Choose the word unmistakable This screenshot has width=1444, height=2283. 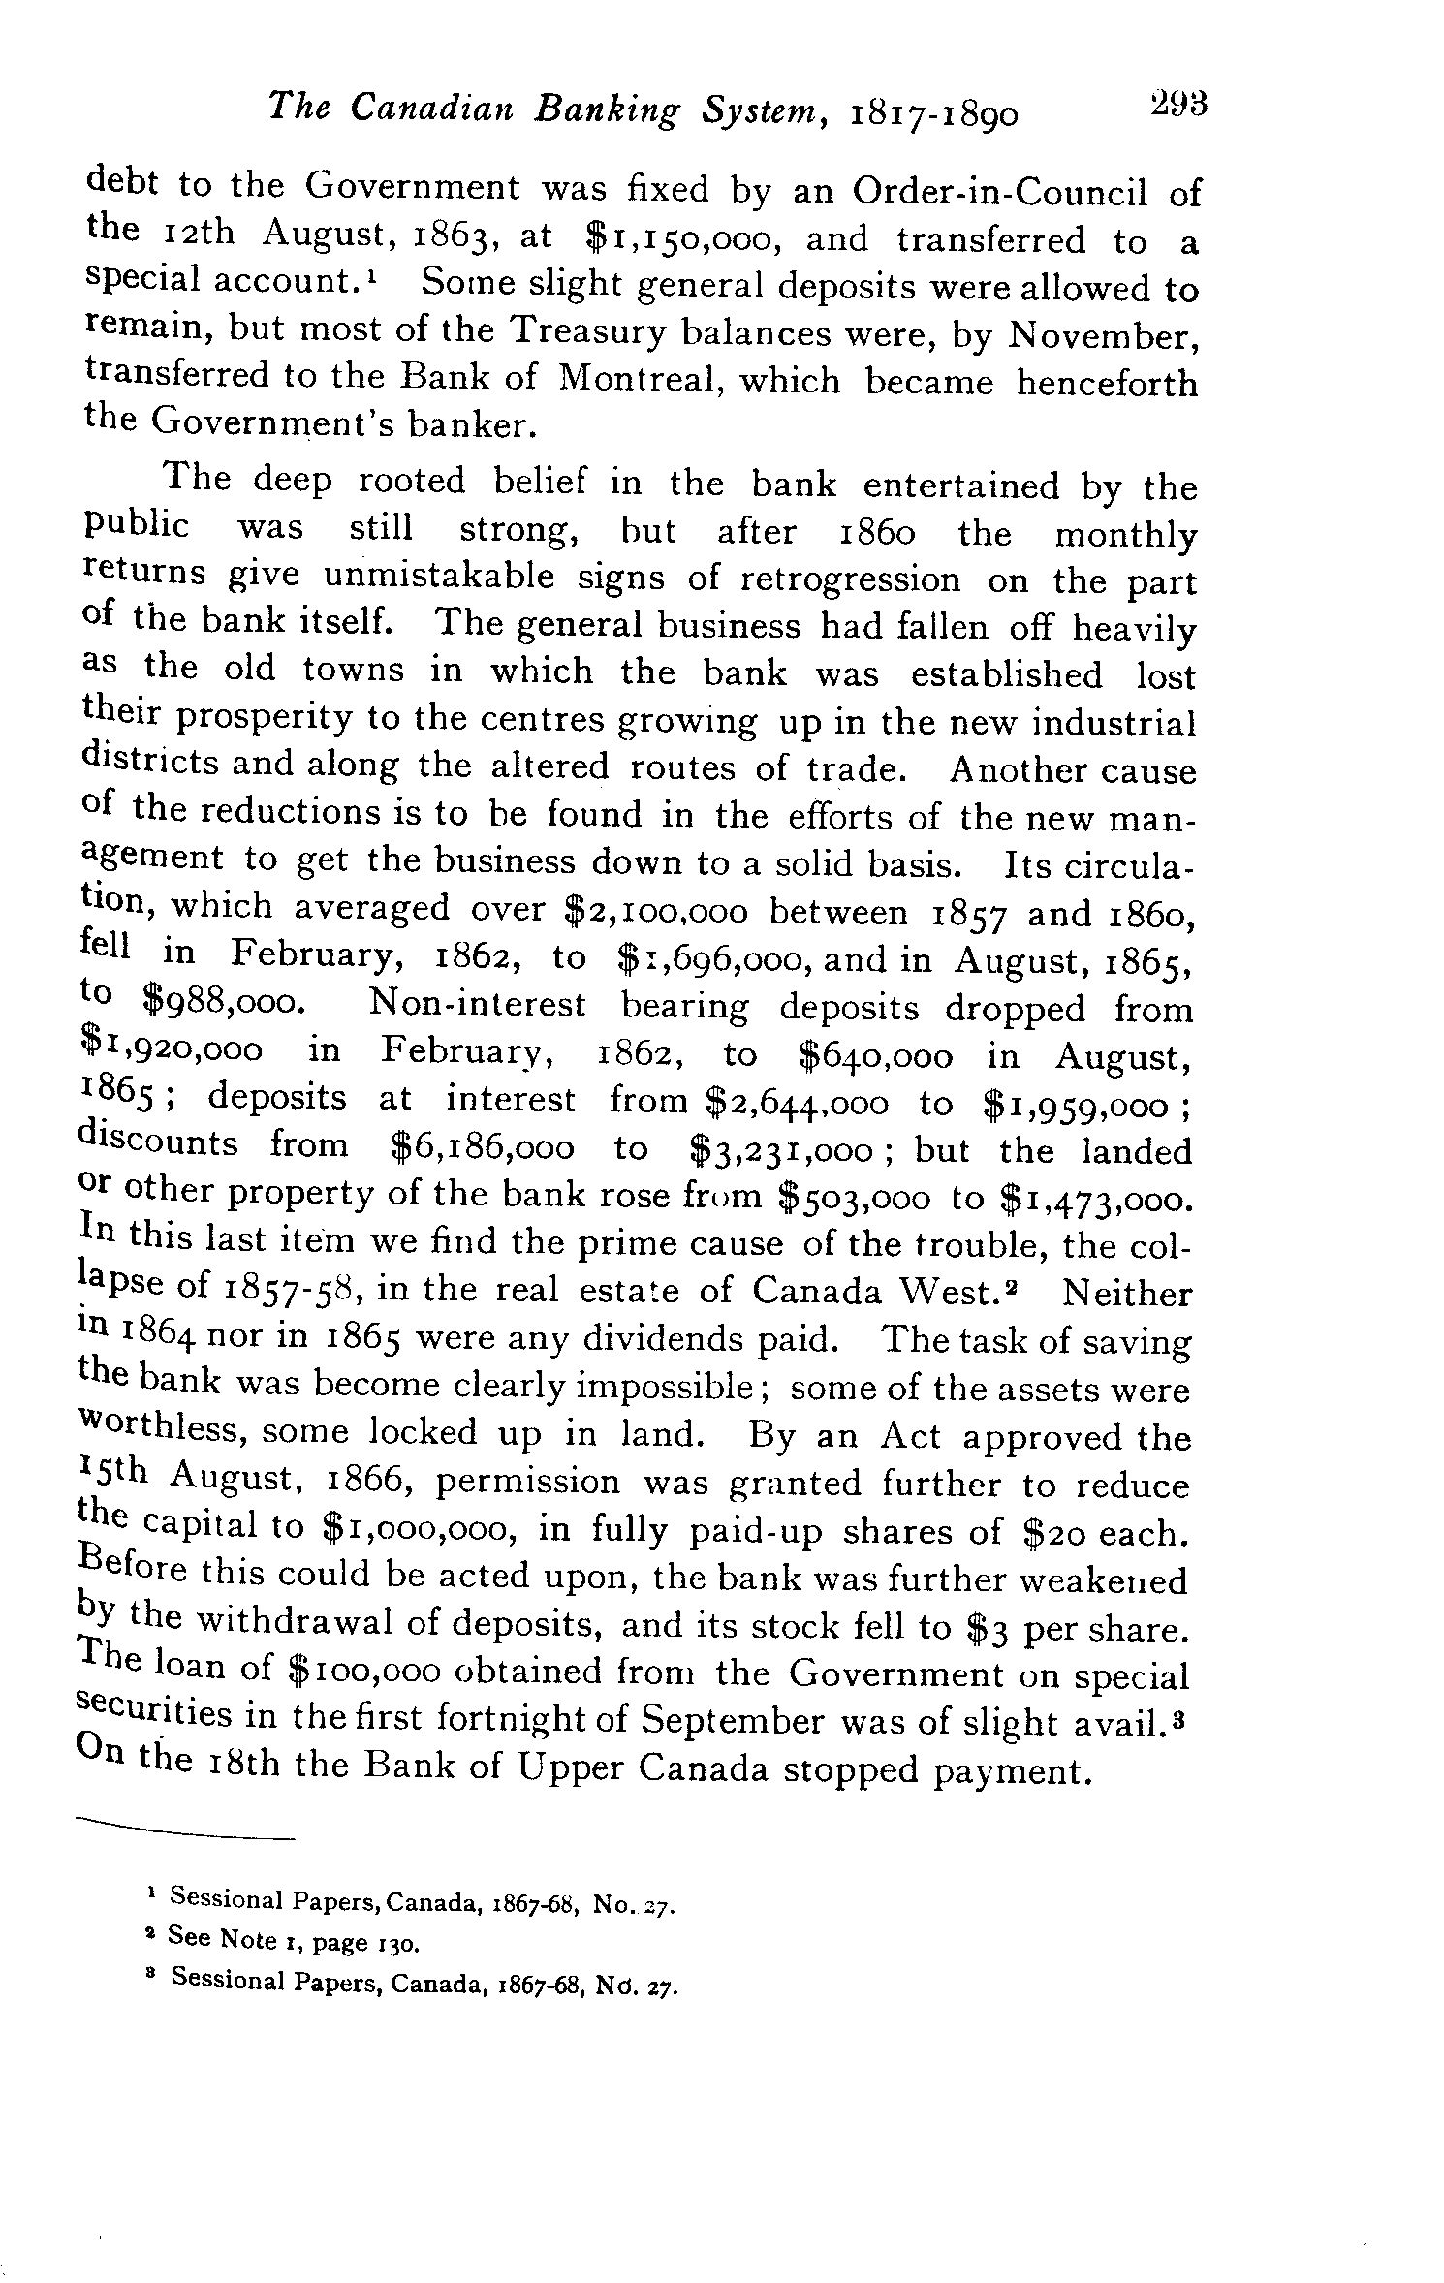click(441, 579)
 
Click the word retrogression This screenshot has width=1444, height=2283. click(850, 579)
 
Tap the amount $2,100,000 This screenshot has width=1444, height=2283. click(656, 912)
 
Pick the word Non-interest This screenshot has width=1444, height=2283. click(478, 1004)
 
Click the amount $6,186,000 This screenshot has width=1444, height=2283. click(482, 1148)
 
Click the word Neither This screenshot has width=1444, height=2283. click(1127, 1293)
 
